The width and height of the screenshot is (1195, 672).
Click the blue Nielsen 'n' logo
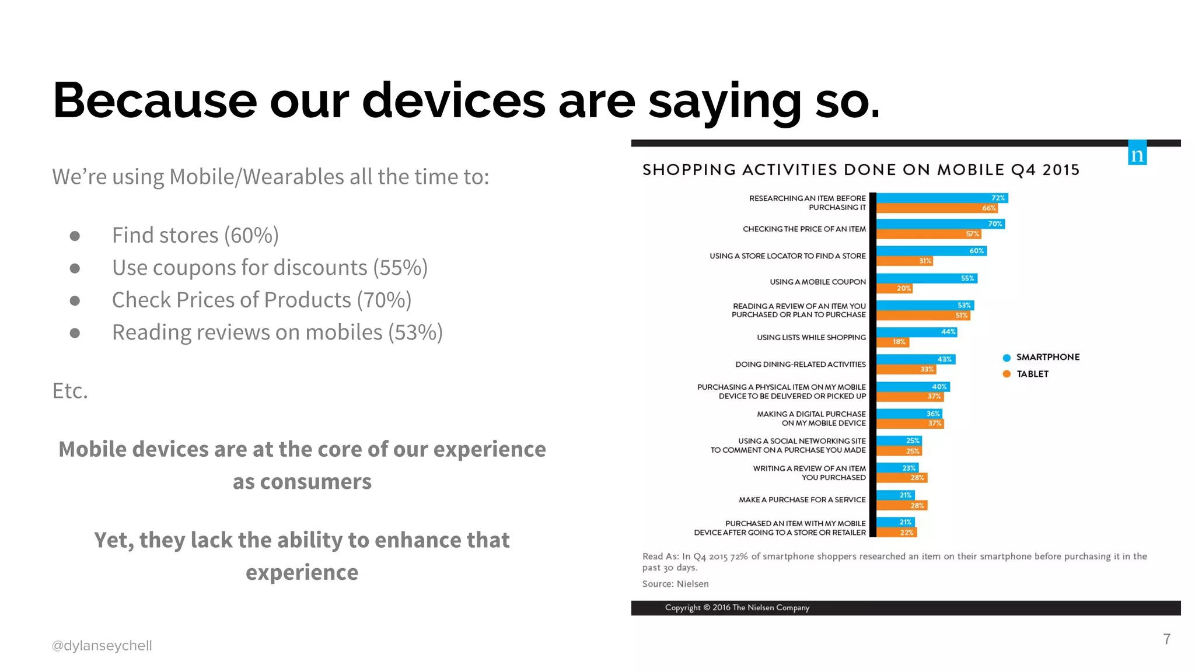1137,153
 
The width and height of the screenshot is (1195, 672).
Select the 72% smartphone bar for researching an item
942,198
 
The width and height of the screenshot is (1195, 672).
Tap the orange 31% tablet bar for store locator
904,261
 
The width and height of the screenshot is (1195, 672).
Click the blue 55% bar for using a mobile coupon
927,278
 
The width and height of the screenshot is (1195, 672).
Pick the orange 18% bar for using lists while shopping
892,342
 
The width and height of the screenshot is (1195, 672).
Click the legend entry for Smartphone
1047,357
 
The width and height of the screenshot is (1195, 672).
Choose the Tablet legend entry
1032,374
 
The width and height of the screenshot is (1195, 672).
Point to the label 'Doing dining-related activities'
800,365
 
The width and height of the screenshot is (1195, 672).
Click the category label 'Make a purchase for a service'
802,500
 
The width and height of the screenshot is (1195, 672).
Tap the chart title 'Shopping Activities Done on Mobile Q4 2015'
861,170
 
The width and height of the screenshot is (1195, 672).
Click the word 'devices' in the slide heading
453,100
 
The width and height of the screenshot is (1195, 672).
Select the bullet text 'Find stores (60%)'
195,235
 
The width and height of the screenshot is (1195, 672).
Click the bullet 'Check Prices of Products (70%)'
261,300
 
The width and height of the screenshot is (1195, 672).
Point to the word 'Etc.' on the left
70,391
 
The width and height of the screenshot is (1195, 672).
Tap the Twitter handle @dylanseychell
102,646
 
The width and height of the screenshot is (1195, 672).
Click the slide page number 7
1166,639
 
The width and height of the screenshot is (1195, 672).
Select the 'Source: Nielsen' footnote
675,584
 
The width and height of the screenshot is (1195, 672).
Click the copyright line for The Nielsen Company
737,608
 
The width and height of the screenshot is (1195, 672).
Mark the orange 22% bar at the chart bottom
896,533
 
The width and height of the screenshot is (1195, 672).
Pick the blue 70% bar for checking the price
940,224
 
